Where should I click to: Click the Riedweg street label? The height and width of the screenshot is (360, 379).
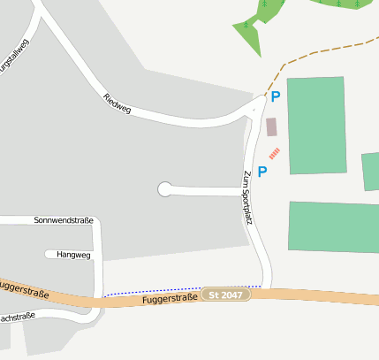tap(117, 103)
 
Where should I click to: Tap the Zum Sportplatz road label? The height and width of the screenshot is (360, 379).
tap(247, 196)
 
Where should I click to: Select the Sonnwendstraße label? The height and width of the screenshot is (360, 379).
tap(63, 220)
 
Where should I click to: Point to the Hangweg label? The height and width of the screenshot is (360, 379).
tap(73, 255)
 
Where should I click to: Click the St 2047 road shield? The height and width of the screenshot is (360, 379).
tap(226, 294)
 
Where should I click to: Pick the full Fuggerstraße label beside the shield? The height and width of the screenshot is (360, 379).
tap(169, 299)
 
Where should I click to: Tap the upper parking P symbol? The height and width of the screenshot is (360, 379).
tap(276, 97)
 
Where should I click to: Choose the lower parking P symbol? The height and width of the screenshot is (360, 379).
tap(262, 172)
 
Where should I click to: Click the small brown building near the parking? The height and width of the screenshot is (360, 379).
tap(271, 126)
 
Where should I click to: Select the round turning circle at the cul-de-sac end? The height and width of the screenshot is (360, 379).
tap(164, 188)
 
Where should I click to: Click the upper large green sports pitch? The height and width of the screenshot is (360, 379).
tap(316, 126)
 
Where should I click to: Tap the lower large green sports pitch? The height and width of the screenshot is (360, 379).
tap(334, 227)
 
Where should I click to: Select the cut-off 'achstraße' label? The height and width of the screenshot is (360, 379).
tap(17, 316)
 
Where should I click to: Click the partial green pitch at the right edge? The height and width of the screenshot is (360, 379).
tap(371, 172)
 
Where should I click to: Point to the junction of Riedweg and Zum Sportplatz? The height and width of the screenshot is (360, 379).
tap(254, 109)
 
